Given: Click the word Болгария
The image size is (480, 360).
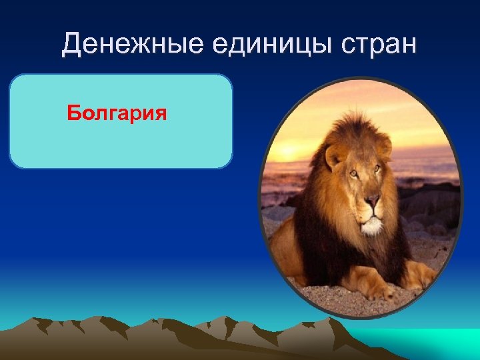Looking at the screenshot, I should (x=116, y=113).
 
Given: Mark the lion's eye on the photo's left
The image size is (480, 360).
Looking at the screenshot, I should (x=353, y=175).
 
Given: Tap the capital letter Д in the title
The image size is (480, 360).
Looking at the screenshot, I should (x=72, y=45).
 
